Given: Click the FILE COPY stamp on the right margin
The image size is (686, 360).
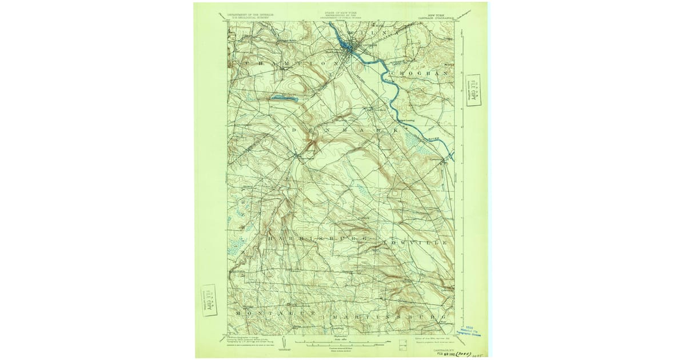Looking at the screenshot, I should click(473, 90).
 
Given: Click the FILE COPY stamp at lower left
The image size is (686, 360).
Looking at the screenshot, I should click(209, 300).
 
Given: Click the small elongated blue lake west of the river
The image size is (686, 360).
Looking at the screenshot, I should click(284, 98).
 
